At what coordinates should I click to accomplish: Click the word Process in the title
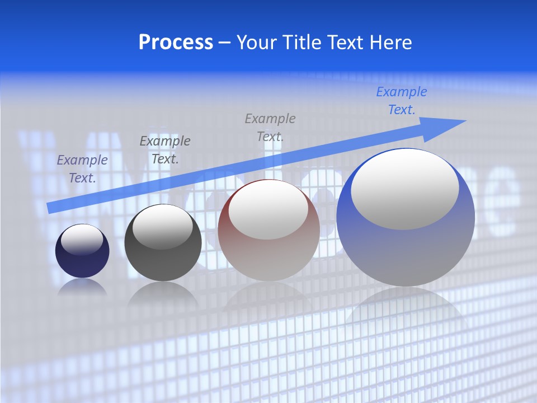[x=176, y=43]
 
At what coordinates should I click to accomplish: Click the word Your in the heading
[x=255, y=43]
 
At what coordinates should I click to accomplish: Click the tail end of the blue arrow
[x=50, y=208]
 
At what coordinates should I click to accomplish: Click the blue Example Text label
[x=401, y=101]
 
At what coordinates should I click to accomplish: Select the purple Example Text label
[x=82, y=169]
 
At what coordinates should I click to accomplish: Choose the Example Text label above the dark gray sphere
[x=165, y=149]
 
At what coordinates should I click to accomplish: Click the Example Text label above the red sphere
[x=270, y=127]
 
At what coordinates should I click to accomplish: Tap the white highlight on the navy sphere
[x=82, y=240]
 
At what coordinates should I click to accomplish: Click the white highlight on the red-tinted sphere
[x=268, y=210]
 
